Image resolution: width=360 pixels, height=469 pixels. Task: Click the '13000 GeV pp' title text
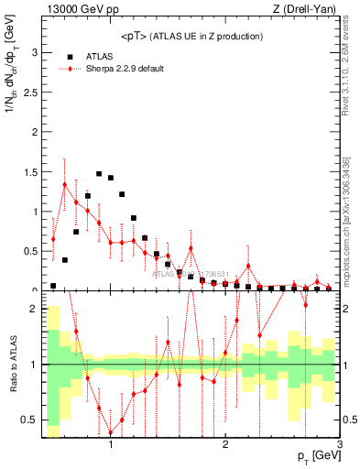pyautogui.click(x=78, y=10)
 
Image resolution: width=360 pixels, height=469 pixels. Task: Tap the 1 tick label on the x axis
pyautogui.click(x=111, y=446)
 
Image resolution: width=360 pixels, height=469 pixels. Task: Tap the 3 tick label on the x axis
pyautogui.click(x=339, y=446)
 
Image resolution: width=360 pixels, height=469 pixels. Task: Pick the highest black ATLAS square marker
pyautogui.click(x=99, y=173)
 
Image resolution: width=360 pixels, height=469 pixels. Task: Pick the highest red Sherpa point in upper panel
pyautogui.click(x=64, y=184)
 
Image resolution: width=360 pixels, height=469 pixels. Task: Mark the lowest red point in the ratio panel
pyautogui.click(x=111, y=432)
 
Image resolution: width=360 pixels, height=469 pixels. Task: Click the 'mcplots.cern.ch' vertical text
pyautogui.click(x=350, y=247)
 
